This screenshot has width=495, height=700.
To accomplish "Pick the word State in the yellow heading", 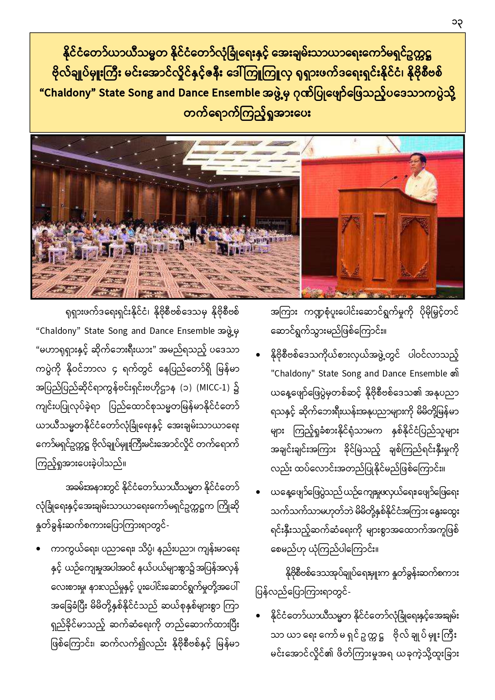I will point(112,93).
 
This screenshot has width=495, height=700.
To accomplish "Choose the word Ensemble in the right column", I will point(426,374).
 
